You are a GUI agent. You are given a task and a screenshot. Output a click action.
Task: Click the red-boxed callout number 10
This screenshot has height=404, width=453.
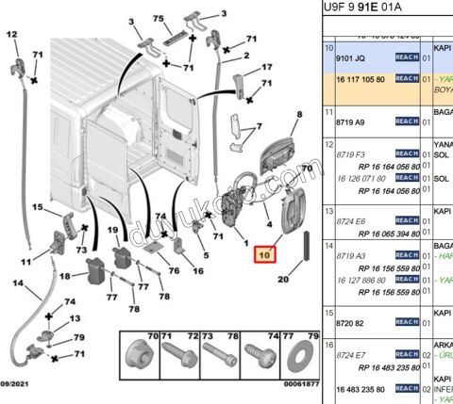pos(262,254)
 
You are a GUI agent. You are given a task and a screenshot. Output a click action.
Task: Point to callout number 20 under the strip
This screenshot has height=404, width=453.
pos(282,279)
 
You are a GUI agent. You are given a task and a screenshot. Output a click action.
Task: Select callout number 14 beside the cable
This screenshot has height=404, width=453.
pos(18,283)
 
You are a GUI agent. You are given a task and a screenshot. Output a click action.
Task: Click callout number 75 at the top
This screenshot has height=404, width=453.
pos(158,20)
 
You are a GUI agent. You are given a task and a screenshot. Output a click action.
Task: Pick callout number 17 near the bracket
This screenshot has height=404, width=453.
pos(267,67)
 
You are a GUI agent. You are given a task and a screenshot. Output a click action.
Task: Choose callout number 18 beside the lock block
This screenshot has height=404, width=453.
pos(65,275)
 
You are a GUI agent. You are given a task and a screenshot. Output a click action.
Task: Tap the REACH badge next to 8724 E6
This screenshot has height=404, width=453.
pos(407,220)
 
